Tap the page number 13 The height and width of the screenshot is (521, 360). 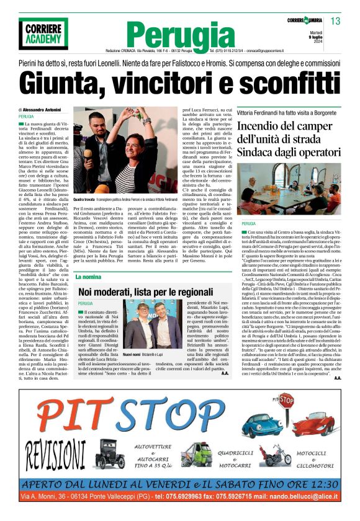tap(335, 21)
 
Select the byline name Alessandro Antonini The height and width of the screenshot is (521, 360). tap(48, 110)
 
